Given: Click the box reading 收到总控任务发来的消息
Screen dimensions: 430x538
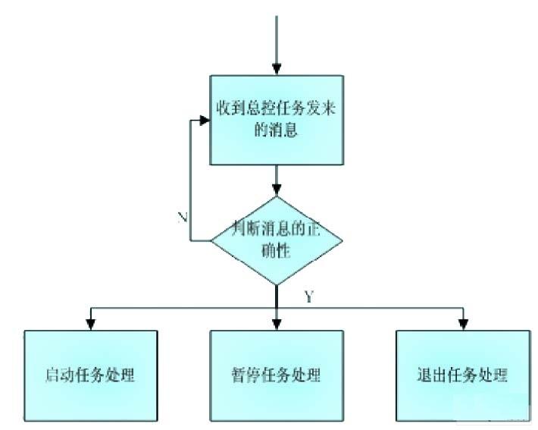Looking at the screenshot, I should (x=277, y=120).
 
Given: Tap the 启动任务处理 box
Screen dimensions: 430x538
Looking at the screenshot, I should (x=91, y=374).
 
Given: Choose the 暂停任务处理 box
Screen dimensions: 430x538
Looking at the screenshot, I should (x=277, y=374).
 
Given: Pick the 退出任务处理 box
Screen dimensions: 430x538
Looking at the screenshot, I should (x=462, y=374).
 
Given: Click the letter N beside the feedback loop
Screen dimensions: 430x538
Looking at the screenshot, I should (x=183, y=218).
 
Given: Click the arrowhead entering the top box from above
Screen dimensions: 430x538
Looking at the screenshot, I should (x=277, y=70).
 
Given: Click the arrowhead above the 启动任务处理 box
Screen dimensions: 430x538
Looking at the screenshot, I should (x=91, y=324).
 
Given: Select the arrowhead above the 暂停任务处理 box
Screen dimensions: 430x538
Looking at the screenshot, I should (x=277, y=324).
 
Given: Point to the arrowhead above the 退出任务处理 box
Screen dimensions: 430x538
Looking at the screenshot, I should (x=462, y=324).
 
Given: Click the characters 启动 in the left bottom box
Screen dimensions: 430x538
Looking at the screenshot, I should (x=58, y=375).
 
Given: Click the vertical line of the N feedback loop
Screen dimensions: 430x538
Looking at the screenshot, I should (x=189, y=182).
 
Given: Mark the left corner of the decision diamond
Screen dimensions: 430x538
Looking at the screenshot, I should (x=212, y=240).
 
